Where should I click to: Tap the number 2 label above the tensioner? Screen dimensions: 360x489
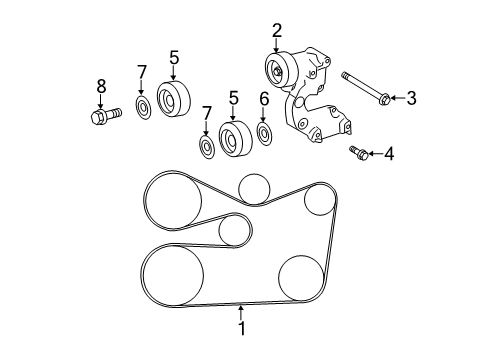click(x=277, y=30)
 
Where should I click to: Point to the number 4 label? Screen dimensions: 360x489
click(x=389, y=153)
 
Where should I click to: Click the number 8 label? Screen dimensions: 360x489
click(x=100, y=87)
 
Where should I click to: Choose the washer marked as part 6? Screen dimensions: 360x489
click(x=264, y=133)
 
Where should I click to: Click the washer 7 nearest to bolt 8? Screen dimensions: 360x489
click(x=142, y=107)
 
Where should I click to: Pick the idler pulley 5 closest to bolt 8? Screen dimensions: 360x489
click(x=173, y=98)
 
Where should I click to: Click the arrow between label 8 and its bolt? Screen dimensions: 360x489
click(x=100, y=100)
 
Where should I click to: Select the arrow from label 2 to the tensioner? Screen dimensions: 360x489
click(x=277, y=45)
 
